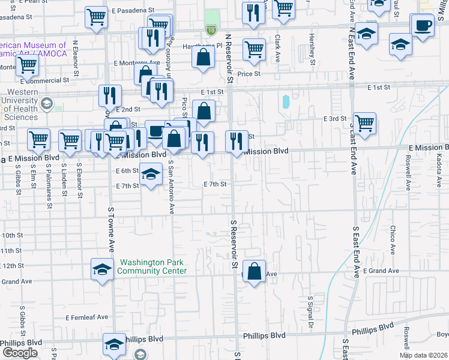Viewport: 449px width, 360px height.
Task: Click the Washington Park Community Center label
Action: [x=152, y=266]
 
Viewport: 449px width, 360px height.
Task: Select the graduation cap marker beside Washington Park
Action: [x=102, y=269]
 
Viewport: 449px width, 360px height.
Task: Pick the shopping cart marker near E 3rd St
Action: [x=364, y=124]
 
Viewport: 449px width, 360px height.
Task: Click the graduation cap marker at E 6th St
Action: [x=151, y=174]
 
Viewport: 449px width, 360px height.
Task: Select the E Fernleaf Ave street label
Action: [x=87, y=317]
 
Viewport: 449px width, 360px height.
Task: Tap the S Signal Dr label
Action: [x=311, y=310]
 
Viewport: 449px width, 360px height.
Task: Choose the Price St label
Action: [x=248, y=74]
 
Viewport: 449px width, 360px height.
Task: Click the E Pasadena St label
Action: [x=133, y=11]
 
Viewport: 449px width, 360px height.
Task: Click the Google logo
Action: [x=20, y=353]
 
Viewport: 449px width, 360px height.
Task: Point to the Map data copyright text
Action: [x=423, y=355]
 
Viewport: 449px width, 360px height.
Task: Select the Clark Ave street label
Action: [x=277, y=49]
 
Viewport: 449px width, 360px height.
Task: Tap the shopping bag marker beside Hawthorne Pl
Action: [x=203, y=58]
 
